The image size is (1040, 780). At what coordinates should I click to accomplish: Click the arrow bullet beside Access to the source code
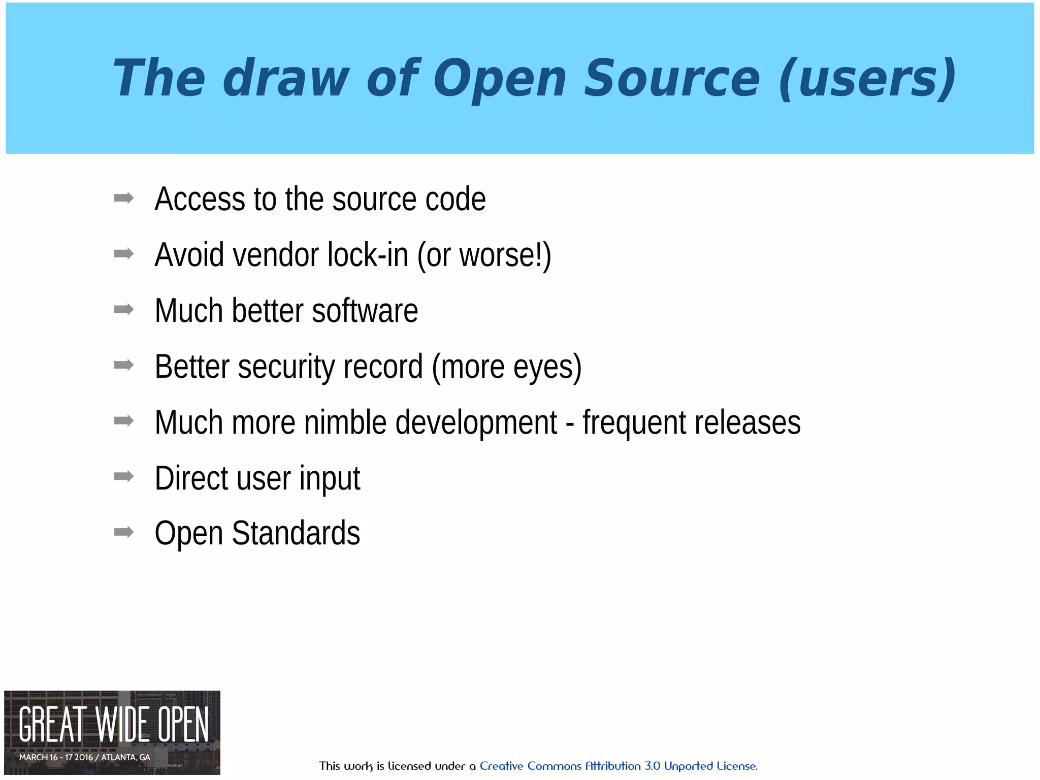coord(124,198)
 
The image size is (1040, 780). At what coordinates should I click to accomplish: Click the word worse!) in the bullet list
coord(505,254)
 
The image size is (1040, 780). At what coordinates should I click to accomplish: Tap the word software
coord(365,310)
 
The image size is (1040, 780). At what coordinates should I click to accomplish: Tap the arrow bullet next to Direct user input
coord(124,476)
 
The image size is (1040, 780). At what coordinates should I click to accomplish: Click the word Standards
coord(296,533)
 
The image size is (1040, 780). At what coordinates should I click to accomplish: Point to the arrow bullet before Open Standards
coord(124,532)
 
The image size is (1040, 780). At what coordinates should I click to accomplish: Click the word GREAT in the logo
coord(51,725)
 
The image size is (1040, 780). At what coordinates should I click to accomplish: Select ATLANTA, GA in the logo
coord(125,757)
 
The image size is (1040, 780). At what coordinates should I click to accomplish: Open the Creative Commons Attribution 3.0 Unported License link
coord(618,766)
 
